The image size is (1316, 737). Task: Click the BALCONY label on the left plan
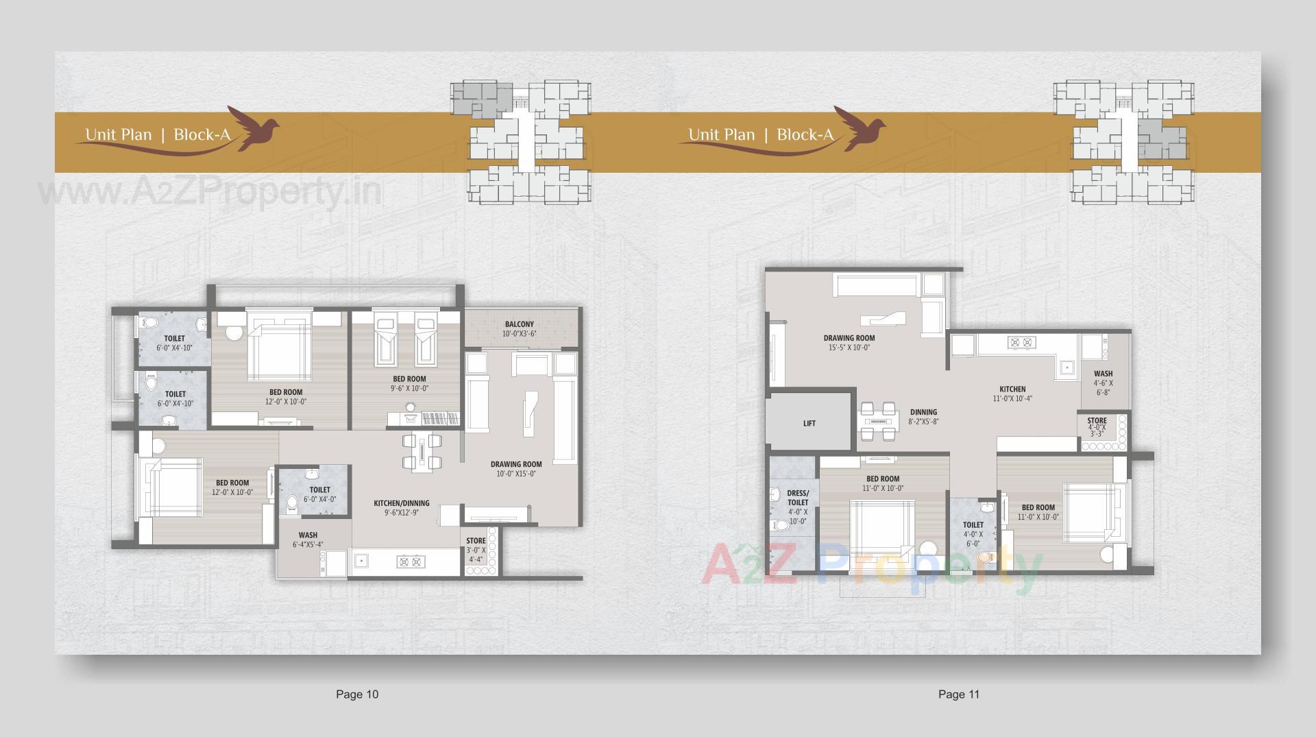pyautogui.click(x=519, y=324)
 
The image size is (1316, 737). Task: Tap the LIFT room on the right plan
pyautogui.click(x=809, y=423)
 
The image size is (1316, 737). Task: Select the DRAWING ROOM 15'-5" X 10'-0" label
pyautogui.click(x=849, y=342)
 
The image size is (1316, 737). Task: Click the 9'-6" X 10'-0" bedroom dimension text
pyautogui.click(x=409, y=388)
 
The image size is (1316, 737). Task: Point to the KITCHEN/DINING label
pyautogui.click(x=402, y=503)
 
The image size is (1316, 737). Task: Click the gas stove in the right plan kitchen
pyautogui.click(x=1021, y=342)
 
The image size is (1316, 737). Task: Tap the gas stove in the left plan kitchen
pyautogui.click(x=411, y=562)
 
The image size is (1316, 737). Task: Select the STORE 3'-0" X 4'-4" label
pyautogui.click(x=476, y=550)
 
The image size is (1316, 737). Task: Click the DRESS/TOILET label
pyautogui.click(x=798, y=498)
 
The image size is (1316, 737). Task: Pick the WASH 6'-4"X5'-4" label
pyautogui.click(x=308, y=540)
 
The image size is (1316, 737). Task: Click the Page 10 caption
pyautogui.click(x=356, y=694)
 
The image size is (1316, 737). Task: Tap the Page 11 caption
pyautogui.click(x=959, y=694)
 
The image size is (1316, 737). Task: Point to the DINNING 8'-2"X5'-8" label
pyautogui.click(x=923, y=417)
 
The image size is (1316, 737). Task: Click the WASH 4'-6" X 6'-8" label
pyautogui.click(x=1103, y=383)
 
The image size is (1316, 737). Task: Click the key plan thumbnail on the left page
pyautogui.click(x=520, y=142)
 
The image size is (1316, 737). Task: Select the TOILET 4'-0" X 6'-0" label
pyautogui.click(x=973, y=533)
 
